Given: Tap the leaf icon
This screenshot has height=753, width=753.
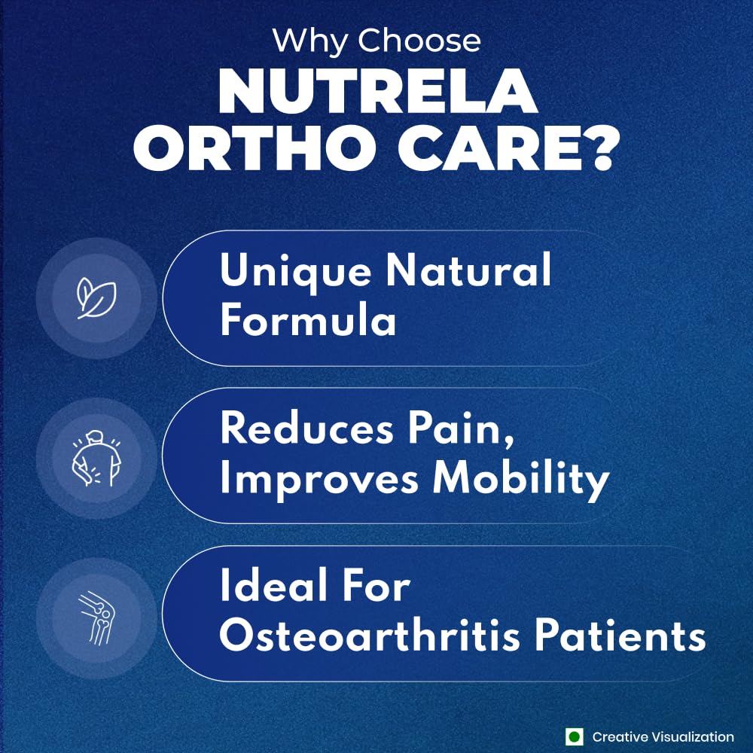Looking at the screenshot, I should [96, 299].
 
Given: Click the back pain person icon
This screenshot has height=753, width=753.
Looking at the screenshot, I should [96, 457].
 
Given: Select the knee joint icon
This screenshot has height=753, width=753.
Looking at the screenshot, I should [96, 615].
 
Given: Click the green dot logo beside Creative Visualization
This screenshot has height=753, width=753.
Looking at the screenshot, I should [575, 737].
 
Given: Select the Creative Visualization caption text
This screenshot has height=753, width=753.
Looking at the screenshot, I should [663, 737].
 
